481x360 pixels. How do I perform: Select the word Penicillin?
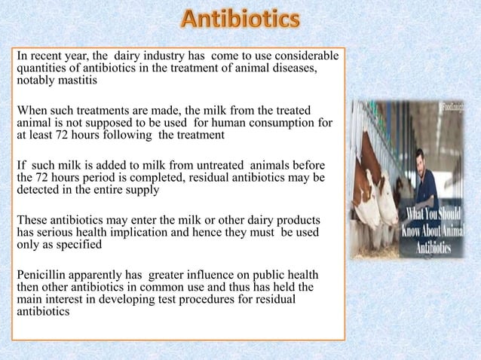(43, 274)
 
